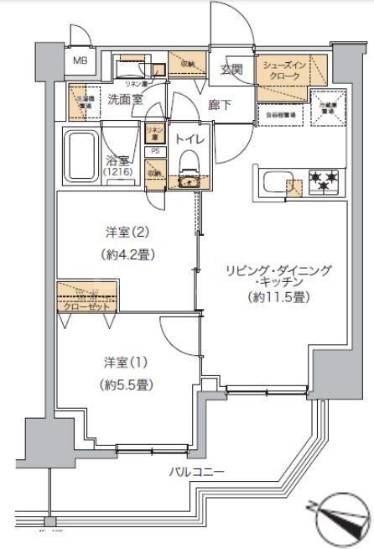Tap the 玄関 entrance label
click(x=231, y=70)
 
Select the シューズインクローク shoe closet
click(x=283, y=71)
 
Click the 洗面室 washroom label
click(x=125, y=99)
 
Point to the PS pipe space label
click(x=155, y=151)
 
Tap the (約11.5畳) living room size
click(x=276, y=299)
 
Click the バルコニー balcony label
click(x=194, y=473)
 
